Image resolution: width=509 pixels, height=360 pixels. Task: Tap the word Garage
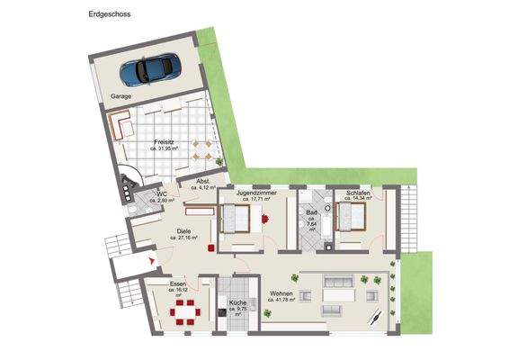coord(121,94)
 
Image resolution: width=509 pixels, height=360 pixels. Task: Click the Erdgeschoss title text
coord(109,15)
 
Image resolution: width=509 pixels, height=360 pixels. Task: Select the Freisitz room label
coord(163,141)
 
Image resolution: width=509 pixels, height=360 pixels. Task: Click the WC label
coord(162,193)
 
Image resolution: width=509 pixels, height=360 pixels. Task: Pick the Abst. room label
coord(203,181)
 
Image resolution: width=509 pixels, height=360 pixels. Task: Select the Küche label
coord(237,303)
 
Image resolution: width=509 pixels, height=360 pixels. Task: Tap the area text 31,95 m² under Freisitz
coord(164,148)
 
